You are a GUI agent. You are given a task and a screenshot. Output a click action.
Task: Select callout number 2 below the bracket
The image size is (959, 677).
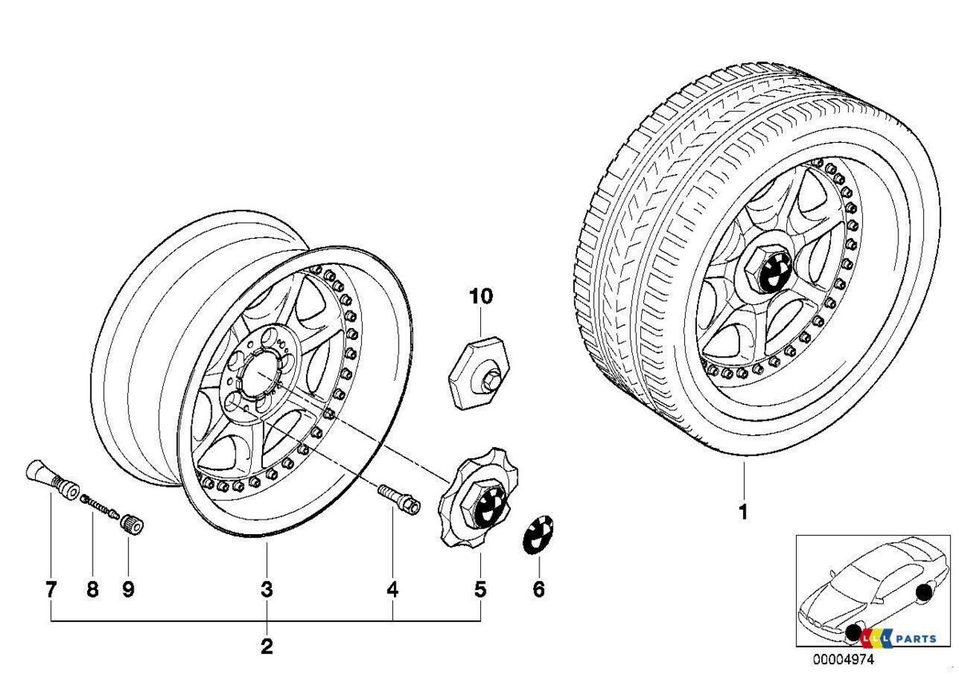coord(267,646)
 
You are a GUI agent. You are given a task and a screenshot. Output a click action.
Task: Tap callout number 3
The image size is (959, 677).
coord(267,590)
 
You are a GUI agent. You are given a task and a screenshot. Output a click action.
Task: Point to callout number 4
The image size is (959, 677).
coord(392,590)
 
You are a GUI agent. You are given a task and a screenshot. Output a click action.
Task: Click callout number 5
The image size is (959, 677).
coord(479,590)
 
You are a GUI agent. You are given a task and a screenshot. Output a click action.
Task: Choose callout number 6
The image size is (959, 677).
coord(538,590)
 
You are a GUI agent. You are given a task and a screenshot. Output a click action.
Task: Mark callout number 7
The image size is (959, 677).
coord(51,590)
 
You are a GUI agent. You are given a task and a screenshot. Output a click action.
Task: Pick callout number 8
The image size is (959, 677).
coord(92,590)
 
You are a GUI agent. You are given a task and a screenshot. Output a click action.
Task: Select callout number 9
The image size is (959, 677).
coord(128,590)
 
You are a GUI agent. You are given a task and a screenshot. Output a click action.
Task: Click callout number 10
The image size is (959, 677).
coord(481,297)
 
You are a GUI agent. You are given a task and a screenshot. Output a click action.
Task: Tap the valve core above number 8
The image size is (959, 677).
coord(100,505)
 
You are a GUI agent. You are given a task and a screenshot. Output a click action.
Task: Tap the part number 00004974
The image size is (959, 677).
coord(839,659)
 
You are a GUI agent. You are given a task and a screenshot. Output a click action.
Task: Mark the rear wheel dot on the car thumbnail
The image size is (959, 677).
coord(925,592)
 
